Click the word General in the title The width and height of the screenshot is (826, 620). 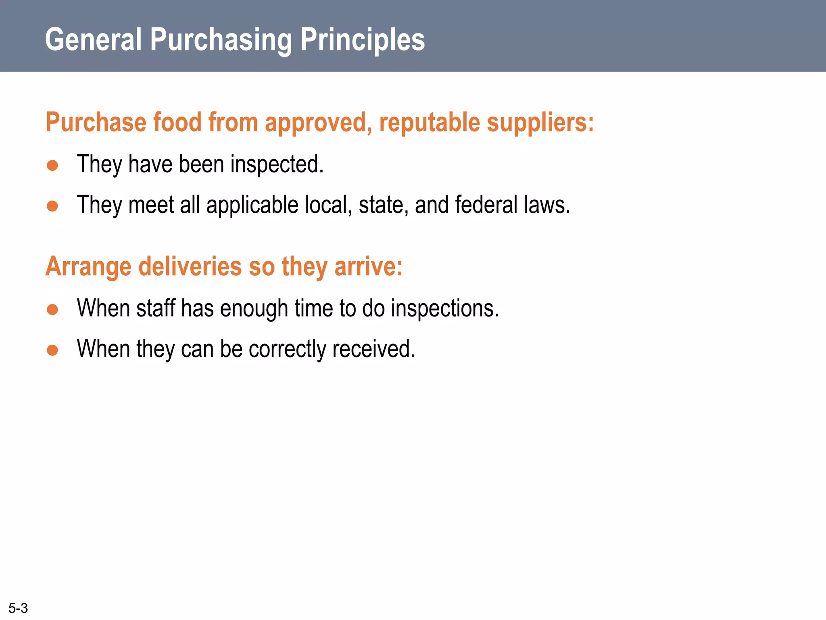tap(93, 40)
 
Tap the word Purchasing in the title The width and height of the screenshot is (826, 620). tap(221, 40)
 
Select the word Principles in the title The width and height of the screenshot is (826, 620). tap(363, 40)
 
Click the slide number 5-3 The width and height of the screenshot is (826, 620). tap(18, 607)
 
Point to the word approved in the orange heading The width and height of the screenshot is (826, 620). tap(318, 123)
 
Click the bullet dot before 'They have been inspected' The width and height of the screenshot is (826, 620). tap(52, 165)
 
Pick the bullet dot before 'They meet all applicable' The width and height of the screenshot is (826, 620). tap(52, 206)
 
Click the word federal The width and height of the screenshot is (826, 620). tap(486, 205)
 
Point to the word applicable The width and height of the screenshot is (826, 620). tap(252, 205)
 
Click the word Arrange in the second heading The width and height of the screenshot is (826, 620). tap(88, 267)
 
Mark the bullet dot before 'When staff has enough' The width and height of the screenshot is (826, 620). tap(52, 310)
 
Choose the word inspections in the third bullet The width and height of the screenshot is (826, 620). tap(445, 309)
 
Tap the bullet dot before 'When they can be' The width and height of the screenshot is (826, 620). tap(52, 350)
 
